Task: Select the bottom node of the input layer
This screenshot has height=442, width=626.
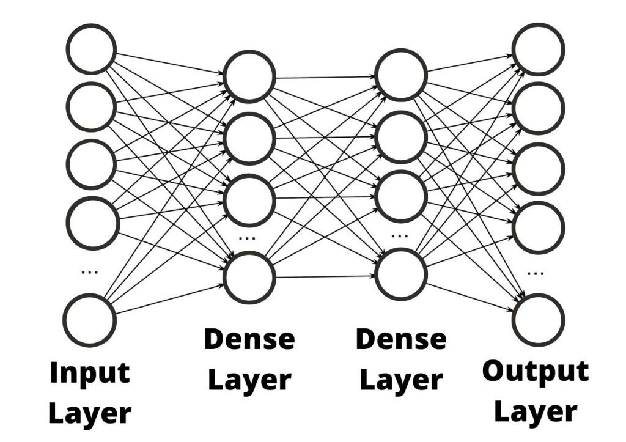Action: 90,319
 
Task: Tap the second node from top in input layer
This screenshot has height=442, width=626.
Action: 91,106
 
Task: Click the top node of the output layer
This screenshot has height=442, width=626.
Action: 538,49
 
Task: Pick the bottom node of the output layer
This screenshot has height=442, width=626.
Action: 538,319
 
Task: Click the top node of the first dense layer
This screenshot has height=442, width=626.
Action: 249,78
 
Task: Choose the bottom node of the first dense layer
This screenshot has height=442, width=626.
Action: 249,278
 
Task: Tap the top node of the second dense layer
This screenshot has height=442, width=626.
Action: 401,76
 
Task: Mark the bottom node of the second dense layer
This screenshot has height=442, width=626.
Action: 401,276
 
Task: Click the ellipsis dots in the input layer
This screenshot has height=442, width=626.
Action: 90,273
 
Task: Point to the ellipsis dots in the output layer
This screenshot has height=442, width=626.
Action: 536,273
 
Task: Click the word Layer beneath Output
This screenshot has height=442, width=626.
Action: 536,411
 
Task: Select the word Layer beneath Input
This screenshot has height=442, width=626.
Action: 89,413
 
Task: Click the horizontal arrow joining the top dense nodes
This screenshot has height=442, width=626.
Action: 325,78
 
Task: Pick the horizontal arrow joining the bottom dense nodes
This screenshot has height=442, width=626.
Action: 325,277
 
